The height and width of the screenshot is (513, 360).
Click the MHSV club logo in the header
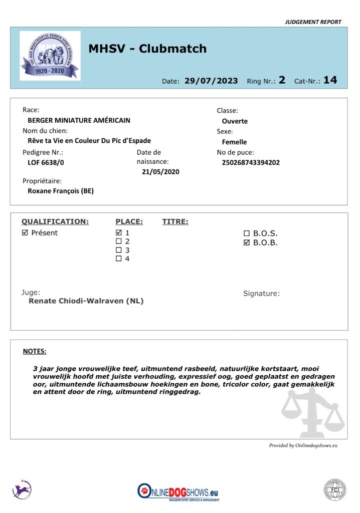click(50, 56)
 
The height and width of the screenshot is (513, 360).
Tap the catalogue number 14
click(330, 80)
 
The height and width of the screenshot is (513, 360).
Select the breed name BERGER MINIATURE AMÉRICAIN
click(79, 120)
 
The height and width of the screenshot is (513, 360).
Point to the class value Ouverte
click(235, 121)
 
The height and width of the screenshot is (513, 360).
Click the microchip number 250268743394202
click(251, 162)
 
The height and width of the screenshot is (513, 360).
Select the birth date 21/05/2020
click(160, 172)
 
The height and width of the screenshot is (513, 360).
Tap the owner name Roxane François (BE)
click(61, 191)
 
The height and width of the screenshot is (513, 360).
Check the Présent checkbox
click(25, 233)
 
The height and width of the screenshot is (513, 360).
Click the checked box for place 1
click(119, 233)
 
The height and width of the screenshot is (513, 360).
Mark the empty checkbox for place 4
click(119, 259)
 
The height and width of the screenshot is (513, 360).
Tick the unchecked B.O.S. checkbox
click(246, 233)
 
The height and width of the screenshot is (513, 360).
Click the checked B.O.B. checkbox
click(246, 243)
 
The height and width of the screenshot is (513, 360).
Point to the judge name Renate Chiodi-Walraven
click(86, 301)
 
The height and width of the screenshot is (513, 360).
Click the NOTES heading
click(35, 351)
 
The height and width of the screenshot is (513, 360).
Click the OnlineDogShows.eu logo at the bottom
click(178, 491)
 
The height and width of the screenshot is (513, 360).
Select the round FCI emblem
click(334, 490)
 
